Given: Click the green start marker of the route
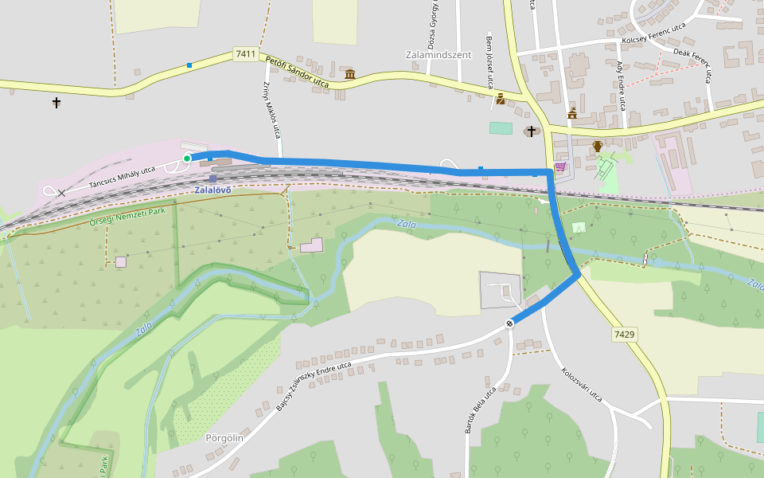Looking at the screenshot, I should point(187,159).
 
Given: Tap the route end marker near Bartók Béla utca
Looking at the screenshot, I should point(509,323).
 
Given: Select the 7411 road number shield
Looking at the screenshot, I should point(246,54).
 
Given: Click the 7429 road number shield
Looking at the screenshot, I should point(624,335).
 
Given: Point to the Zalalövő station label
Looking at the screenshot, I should point(212,190).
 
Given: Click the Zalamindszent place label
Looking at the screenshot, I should point(439,55).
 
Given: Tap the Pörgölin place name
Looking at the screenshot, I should point(224,437).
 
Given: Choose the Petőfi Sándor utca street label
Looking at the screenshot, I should point(297,71).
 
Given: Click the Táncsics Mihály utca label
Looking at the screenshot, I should point(122,177).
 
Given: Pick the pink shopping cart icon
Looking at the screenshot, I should point(559,167).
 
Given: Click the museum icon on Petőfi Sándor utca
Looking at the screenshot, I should point(349,75).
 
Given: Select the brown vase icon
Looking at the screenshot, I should point(598,147).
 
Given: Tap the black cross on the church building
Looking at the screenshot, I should point(531,130).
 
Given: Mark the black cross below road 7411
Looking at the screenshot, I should point(57,103).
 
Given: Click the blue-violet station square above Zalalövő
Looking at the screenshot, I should point(212,178).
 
